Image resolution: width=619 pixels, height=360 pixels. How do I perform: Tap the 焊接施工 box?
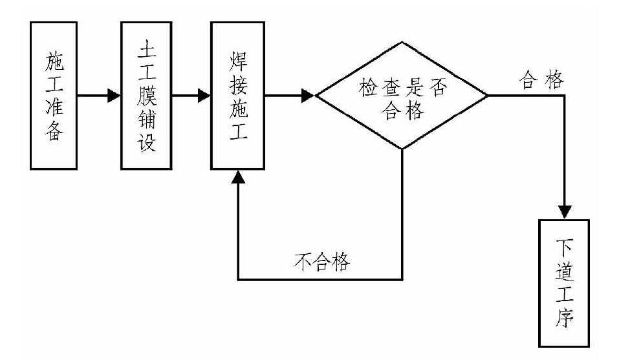click(x=237, y=95)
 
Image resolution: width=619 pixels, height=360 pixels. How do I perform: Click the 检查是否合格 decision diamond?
click(x=401, y=96)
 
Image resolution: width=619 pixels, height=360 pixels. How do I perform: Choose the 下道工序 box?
click(x=563, y=282)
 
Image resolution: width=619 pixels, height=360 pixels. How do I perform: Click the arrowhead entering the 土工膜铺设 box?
click(x=114, y=96)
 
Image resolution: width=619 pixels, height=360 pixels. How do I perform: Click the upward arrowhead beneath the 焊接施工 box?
click(x=239, y=176)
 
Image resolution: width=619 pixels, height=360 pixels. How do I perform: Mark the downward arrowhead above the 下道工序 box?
click(x=565, y=212)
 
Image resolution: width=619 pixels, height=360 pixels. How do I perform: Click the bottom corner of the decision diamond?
click(x=402, y=150)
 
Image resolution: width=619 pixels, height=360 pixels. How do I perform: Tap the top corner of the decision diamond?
click(x=402, y=43)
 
